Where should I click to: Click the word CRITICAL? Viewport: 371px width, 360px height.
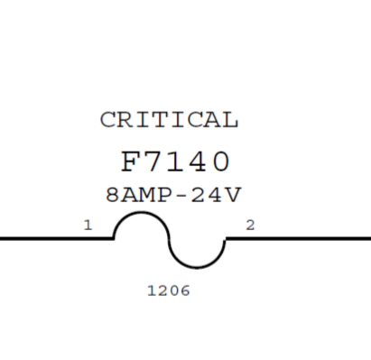169,120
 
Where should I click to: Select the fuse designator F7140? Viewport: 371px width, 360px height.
176,162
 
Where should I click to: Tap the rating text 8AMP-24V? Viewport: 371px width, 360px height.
173,195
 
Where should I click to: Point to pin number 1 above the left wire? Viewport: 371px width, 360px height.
88,226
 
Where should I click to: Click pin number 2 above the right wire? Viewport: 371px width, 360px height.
250,226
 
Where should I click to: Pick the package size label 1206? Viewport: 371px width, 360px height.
169,291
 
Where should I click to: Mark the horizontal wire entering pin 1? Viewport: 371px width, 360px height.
57,239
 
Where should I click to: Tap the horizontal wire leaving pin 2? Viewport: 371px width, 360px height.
298,239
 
